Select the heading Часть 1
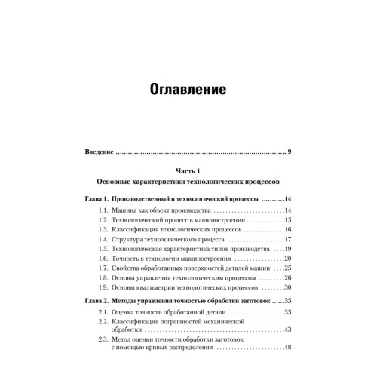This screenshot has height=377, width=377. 188,170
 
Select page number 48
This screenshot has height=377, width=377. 287,348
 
